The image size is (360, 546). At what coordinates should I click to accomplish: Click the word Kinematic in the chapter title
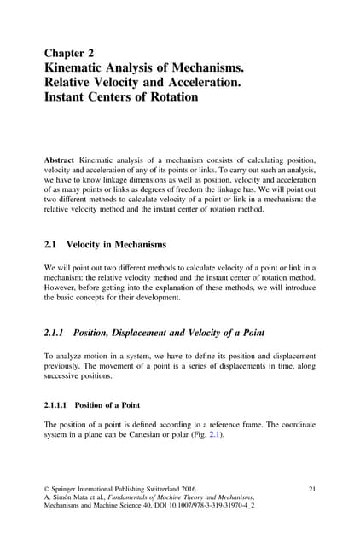tap(84, 70)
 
